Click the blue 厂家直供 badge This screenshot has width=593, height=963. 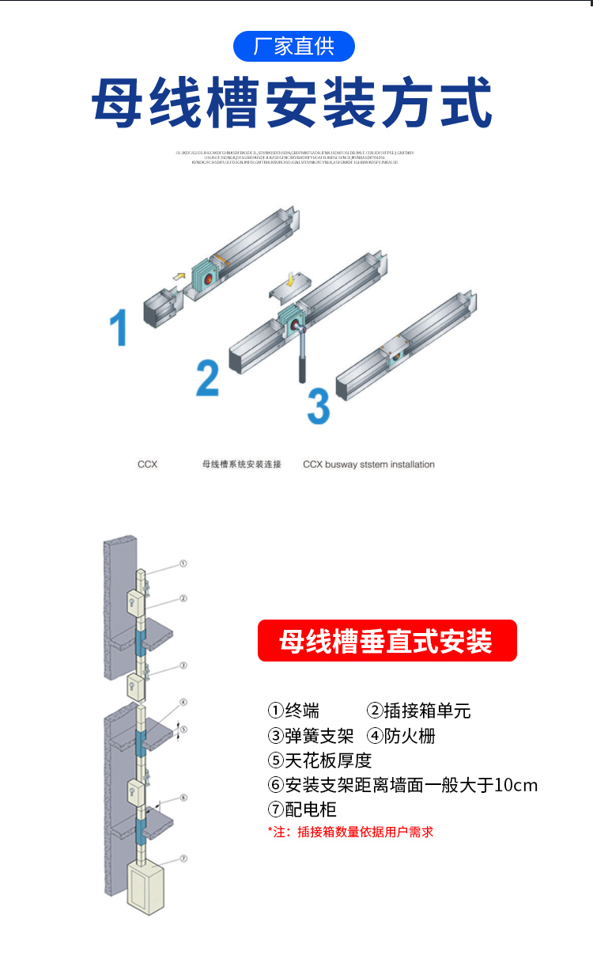[x=294, y=47]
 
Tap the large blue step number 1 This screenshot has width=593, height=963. [x=119, y=328]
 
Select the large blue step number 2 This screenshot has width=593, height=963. [x=207, y=378]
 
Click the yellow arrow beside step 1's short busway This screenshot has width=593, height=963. [x=179, y=275]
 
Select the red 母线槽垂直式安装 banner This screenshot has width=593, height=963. [x=387, y=641]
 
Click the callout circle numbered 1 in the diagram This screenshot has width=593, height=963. [x=183, y=564]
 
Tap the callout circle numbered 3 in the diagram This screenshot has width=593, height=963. [x=183, y=665]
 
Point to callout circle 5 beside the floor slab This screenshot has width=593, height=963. [x=183, y=729]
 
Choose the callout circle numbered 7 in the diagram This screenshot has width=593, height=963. [x=183, y=858]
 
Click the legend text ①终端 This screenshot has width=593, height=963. [x=294, y=711]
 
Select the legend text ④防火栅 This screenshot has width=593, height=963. [x=402, y=736]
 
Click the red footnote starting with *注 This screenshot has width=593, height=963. [x=350, y=832]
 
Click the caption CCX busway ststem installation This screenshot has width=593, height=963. [x=368, y=464]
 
